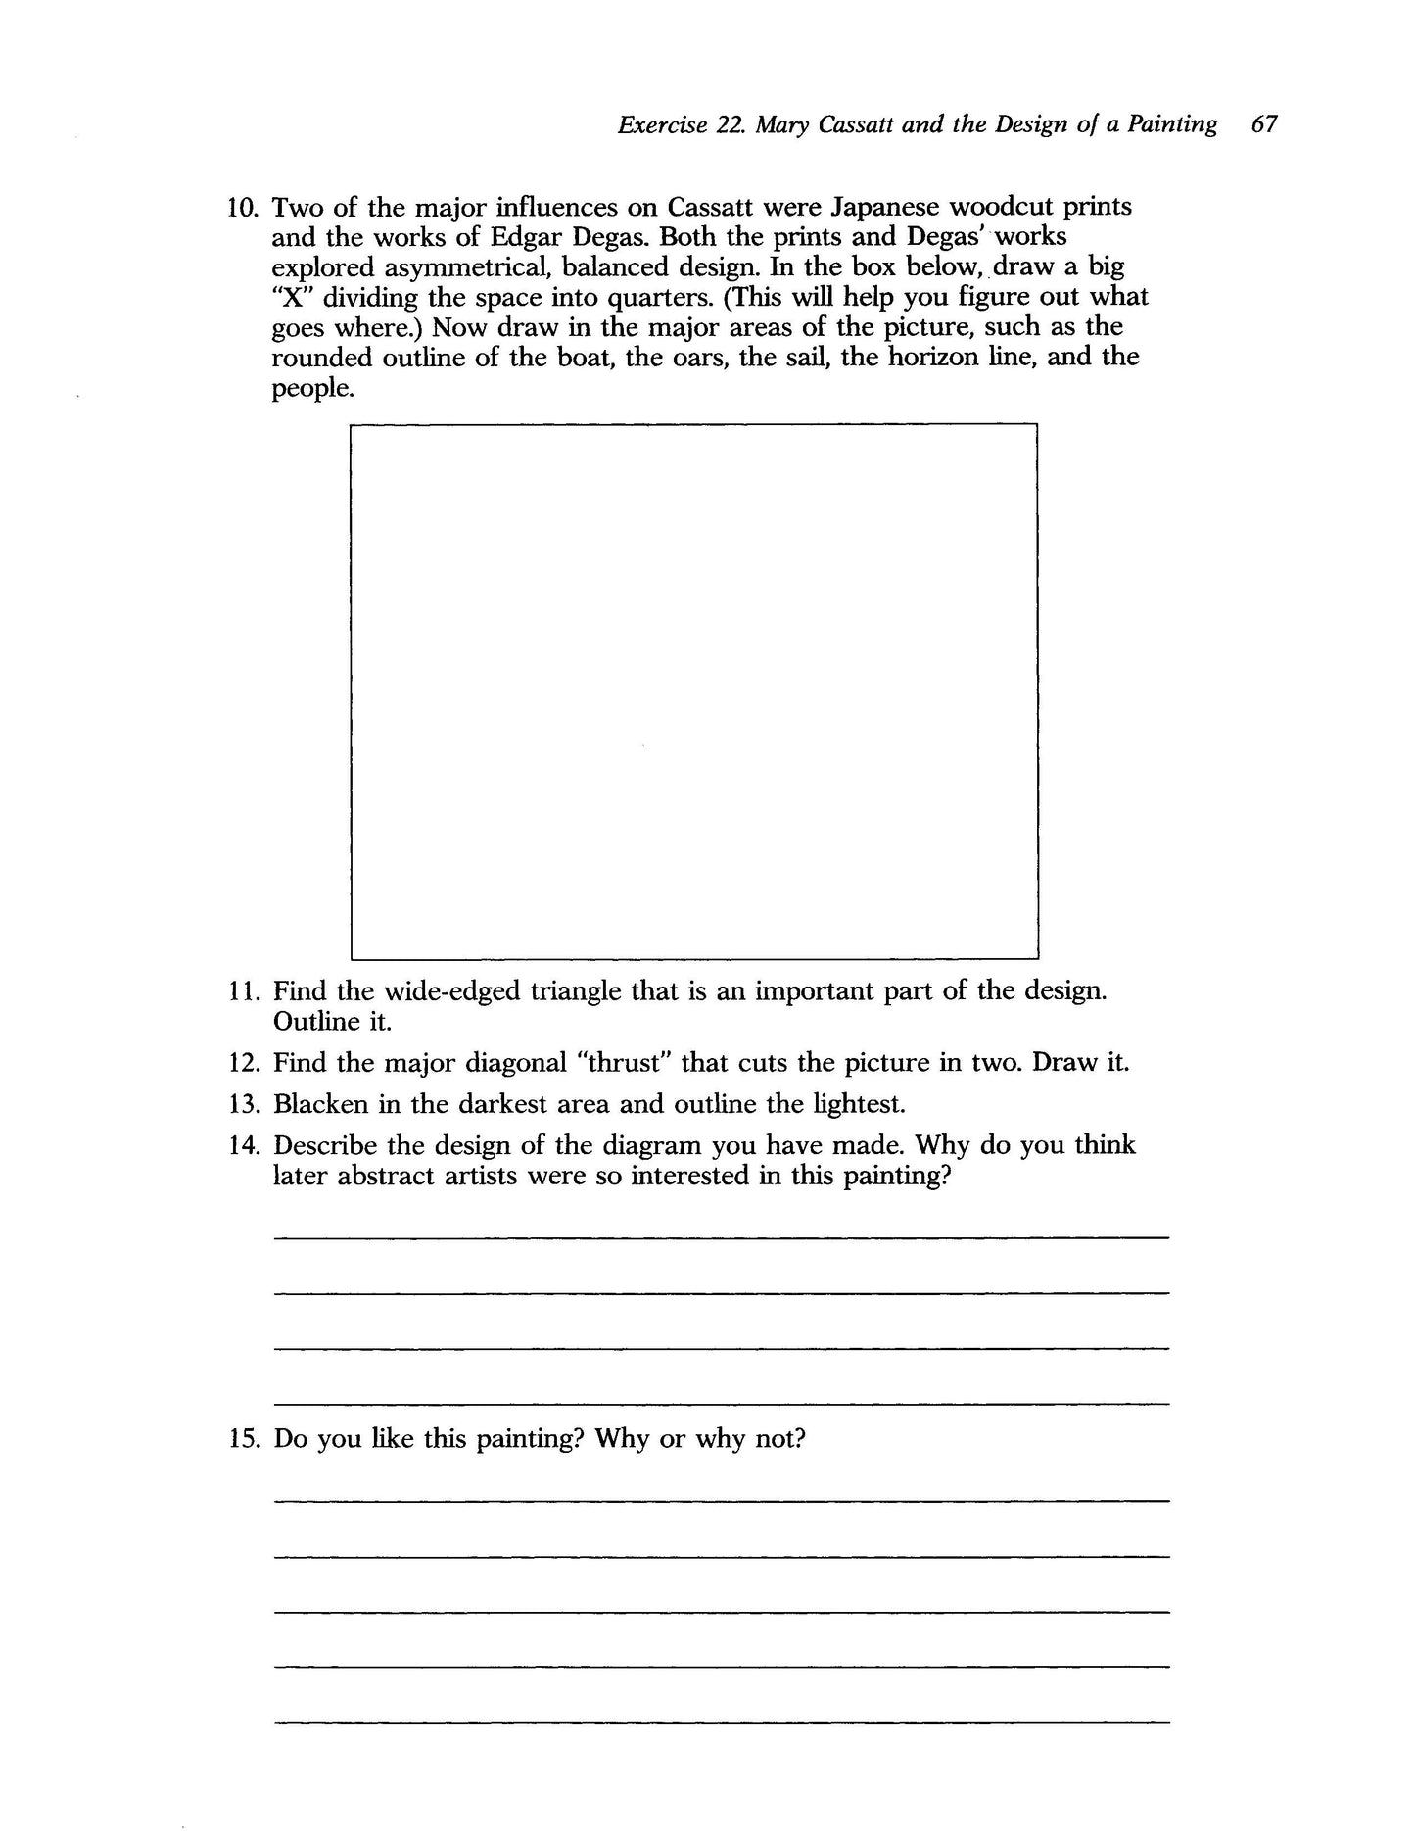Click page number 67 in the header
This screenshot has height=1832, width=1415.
click(x=1263, y=124)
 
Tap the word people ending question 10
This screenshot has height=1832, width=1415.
click(x=308, y=388)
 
